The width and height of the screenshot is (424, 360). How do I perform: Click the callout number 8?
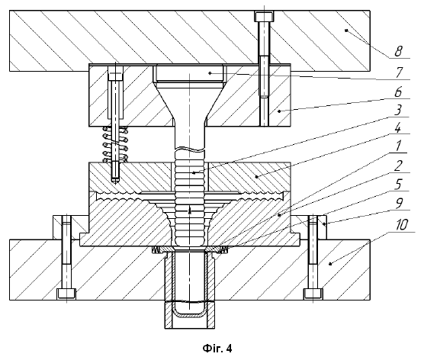click(x=398, y=51)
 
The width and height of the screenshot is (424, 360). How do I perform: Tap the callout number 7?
click(x=399, y=72)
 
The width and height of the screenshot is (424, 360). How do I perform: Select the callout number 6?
click(x=398, y=92)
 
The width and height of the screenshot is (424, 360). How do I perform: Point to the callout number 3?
click(x=397, y=111)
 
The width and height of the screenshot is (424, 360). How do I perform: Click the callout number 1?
click(x=398, y=146)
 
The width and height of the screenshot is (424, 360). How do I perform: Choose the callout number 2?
click(x=398, y=166)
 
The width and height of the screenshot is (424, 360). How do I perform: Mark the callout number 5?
click(x=398, y=185)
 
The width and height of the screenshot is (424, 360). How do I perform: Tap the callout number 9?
click(x=399, y=204)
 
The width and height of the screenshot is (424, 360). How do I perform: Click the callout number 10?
click(x=402, y=224)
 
